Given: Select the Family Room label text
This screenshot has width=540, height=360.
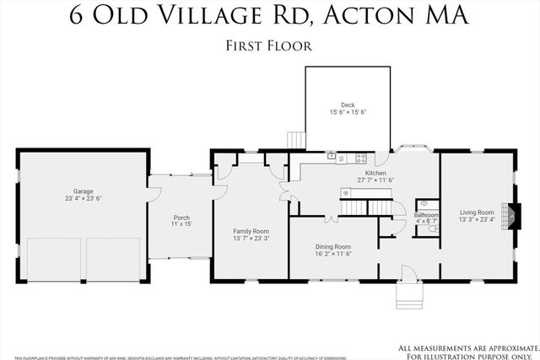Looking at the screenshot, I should (251, 231).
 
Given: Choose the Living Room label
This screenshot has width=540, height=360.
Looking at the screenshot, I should (477, 212).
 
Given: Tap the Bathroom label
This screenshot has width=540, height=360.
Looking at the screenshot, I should (426, 215).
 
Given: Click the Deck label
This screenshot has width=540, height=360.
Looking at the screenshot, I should (348, 105).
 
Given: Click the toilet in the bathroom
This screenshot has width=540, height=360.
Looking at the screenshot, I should (432, 228).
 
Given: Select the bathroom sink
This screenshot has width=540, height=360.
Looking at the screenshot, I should (424, 203).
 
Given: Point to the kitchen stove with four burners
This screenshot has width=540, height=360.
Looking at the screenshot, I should (360, 157).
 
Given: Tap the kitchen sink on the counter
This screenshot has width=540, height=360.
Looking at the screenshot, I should (332, 157).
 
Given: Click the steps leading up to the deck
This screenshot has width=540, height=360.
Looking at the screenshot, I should (294, 139).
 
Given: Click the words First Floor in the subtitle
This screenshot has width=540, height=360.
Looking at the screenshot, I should (270, 46).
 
